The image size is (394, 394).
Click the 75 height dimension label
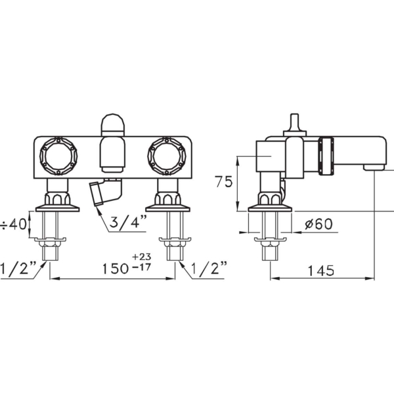[224, 182]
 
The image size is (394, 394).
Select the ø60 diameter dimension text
[318, 224]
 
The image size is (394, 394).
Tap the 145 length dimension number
[321, 271]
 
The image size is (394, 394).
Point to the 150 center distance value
[116, 269]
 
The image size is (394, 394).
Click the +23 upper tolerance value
[141, 257]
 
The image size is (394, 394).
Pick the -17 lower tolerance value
[141, 267]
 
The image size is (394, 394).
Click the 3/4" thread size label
[128, 222]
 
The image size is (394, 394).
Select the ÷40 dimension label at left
[14, 224]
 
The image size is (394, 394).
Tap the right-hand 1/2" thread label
[209, 269]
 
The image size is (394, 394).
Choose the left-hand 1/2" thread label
[18, 269]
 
